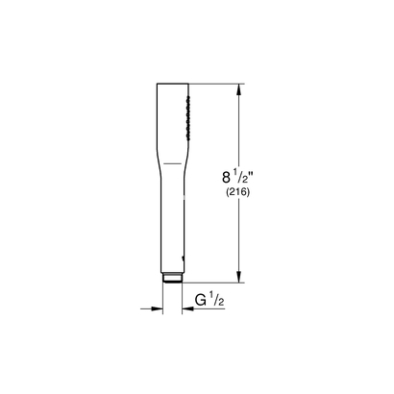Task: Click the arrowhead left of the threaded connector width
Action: coord(157,308)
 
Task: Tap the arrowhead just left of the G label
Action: coord(186,308)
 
